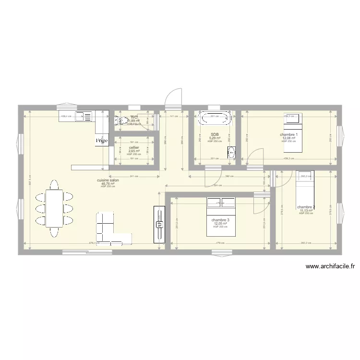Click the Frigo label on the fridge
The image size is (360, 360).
[101, 140]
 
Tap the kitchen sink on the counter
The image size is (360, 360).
[86, 116]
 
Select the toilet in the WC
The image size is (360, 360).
[119, 121]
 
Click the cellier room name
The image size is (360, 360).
[134, 148]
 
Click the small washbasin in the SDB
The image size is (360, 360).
[231, 153]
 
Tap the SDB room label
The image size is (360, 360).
[215, 134]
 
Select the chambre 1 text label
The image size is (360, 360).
[289, 134]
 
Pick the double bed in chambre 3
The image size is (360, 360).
[221, 216]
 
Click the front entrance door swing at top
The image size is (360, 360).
[172, 98]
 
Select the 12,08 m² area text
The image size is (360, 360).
[289, 138]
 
